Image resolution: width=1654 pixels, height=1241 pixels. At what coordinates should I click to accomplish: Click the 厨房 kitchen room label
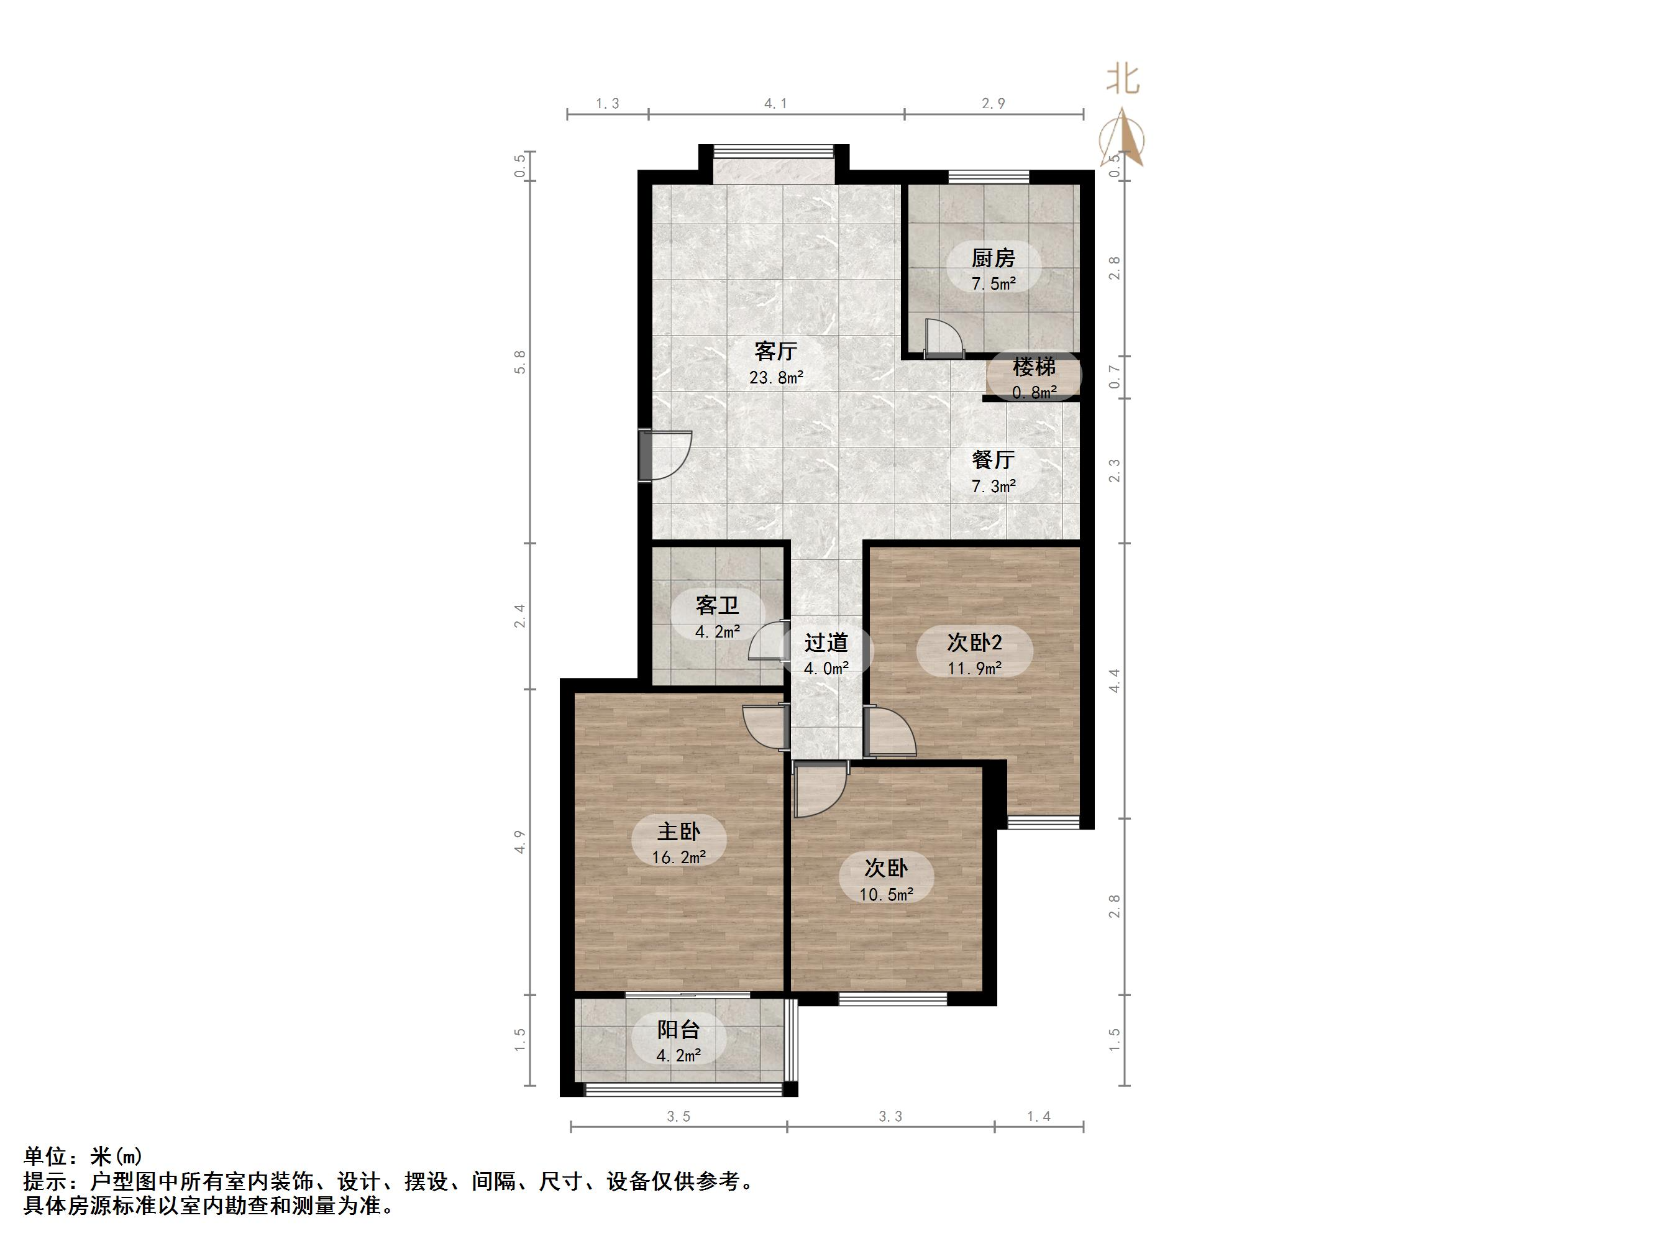pos(993,259)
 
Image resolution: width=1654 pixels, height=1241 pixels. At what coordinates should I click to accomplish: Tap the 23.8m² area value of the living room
pos(776,378)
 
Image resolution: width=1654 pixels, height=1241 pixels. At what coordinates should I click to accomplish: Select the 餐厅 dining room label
pos(993,459)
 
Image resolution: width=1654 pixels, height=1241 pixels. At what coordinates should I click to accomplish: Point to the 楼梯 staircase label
pos(1034,367)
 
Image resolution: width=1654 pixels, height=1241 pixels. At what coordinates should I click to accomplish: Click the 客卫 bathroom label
pos(717,605)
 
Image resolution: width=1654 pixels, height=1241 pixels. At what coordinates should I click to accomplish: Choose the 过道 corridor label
pos(826,643)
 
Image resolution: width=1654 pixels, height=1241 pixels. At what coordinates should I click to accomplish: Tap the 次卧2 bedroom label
pos(974,642)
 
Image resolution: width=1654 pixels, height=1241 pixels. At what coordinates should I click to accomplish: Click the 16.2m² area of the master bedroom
pos(679,857)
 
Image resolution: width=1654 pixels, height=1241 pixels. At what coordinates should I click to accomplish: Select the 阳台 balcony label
pos(679,1030)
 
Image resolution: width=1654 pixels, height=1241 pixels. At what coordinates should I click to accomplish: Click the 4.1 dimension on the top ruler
pos(775,104)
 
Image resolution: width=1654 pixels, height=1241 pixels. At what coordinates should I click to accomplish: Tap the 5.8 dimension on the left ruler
pos(521,362)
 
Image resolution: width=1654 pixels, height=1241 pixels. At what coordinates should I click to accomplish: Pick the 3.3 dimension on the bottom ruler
pos(890,1117)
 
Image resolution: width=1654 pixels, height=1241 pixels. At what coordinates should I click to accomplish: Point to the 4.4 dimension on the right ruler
pos(1114,680)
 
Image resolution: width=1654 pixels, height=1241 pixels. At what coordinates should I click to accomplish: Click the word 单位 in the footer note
pos(45,1156)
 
